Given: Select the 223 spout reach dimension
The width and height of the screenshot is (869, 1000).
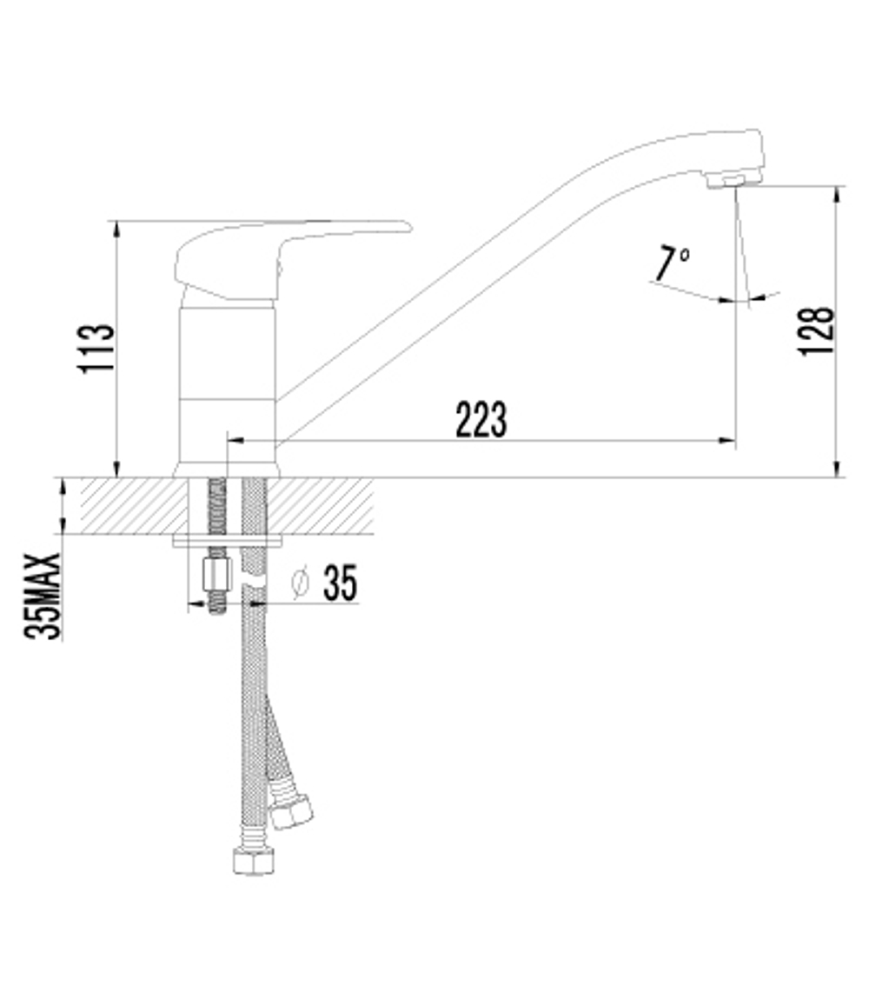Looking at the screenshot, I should (x=481, y=420).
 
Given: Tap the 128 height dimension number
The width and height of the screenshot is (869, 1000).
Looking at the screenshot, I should (x=816, y=330).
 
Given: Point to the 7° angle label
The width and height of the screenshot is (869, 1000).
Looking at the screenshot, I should (x=672, y=263).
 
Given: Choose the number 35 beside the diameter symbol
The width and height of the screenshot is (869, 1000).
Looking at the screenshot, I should (x=340, y=583).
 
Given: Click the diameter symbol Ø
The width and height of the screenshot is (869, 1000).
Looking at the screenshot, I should (x=300, y=583).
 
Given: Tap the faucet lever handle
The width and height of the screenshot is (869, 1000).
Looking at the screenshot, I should (x=261, y=252).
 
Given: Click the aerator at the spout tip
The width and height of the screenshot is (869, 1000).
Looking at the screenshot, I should (x=733, y=179).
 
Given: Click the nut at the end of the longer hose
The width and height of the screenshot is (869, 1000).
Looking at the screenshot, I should (x=254, y=860).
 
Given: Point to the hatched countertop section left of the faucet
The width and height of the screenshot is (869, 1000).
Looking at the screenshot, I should (x=130, y=506).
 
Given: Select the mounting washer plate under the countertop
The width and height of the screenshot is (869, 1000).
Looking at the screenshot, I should (x=228, y=541).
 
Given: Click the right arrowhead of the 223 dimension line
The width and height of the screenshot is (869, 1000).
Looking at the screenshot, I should (x=728, y=442).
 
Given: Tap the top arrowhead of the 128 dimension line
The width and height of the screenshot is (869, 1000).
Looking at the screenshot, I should (x=837, y=193).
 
